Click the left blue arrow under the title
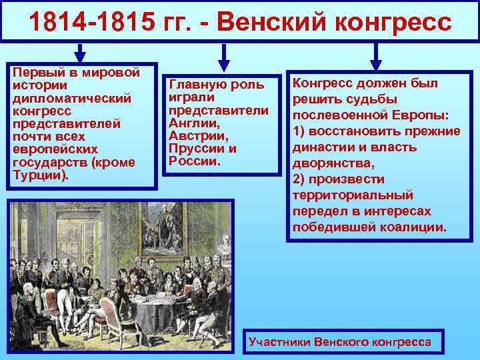pos(80,54)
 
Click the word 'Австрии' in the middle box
pos(194,135)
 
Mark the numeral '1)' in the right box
pos(300,131)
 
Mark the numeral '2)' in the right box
pos(300,179)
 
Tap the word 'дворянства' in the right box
pos(327,163)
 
